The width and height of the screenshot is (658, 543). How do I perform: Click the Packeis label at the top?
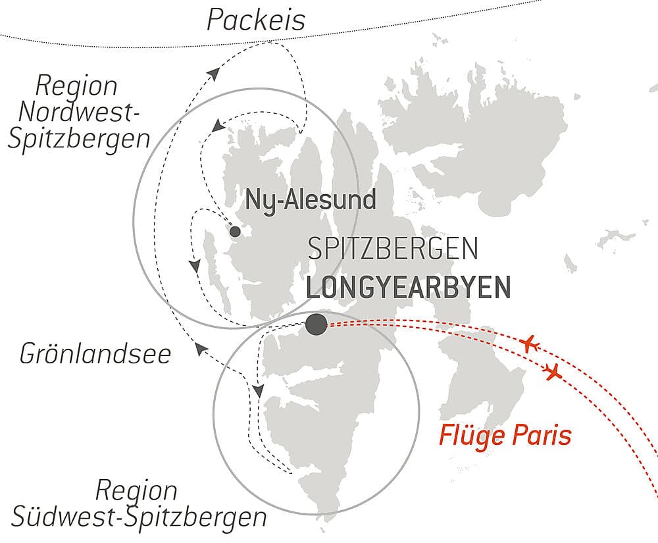click(x=256, y=20)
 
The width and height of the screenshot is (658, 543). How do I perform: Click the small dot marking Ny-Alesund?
click(x=234, y=232)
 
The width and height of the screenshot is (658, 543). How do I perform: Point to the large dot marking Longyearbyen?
click(x=316, y=323)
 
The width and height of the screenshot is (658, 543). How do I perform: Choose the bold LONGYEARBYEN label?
click(x=408, y=288)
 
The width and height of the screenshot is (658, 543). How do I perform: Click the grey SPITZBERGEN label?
click(x=392, y=249)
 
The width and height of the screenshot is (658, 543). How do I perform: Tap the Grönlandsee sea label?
click(x=95, y=354)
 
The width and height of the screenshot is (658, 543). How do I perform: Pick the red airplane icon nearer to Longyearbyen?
click(x=530, y=344)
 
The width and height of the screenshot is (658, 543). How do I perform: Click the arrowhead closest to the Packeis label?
click(x=213, y=73)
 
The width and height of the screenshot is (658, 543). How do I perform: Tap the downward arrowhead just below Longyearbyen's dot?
click(x=258, y=390)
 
